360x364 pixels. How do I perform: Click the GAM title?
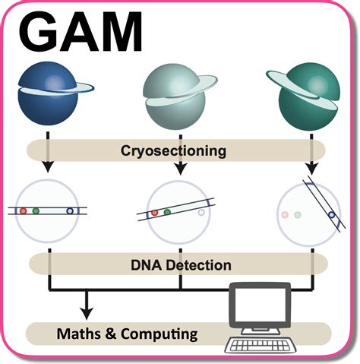click(81, 32)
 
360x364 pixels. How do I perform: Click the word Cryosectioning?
click(173, 151)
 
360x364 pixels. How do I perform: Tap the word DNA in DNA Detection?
click(146, 265)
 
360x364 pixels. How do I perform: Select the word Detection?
click(198, 265)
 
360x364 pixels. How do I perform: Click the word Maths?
click(79, 334)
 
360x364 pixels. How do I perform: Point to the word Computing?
click(159, 334)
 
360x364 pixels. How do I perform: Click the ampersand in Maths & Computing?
click(110, 334)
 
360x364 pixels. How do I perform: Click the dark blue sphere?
click(48, 93)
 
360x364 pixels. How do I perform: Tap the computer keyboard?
click(261, 345)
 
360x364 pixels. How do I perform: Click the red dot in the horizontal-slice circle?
click(24, 210)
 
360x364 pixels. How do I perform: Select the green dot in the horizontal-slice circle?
click(36, 210)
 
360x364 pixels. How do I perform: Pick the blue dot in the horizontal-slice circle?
click(70, 210)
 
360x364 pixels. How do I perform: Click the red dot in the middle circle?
click(154, 213)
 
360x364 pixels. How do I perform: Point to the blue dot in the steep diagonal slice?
click(331, 215)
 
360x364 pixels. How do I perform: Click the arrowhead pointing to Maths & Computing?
click(87, 313)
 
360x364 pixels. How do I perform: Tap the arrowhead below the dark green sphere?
click(311, 169)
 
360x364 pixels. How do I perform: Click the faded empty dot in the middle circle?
click(201, 212)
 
